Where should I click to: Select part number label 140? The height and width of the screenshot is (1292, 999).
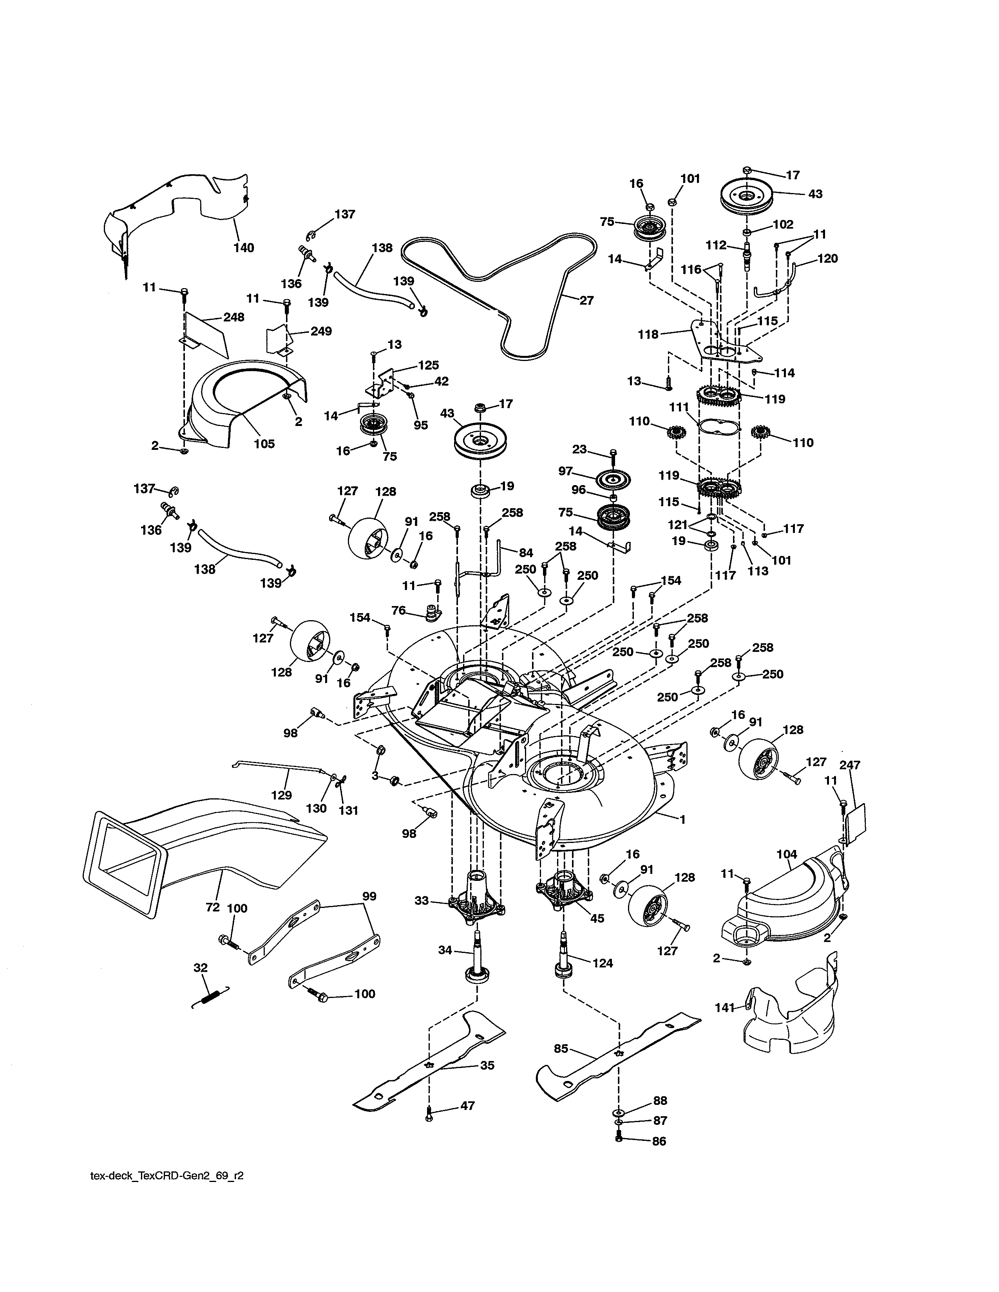coord(243,248)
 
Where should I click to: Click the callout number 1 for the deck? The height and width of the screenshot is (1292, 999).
coord(682,819)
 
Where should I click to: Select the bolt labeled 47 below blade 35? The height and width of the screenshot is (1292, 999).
coord(429,1117)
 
